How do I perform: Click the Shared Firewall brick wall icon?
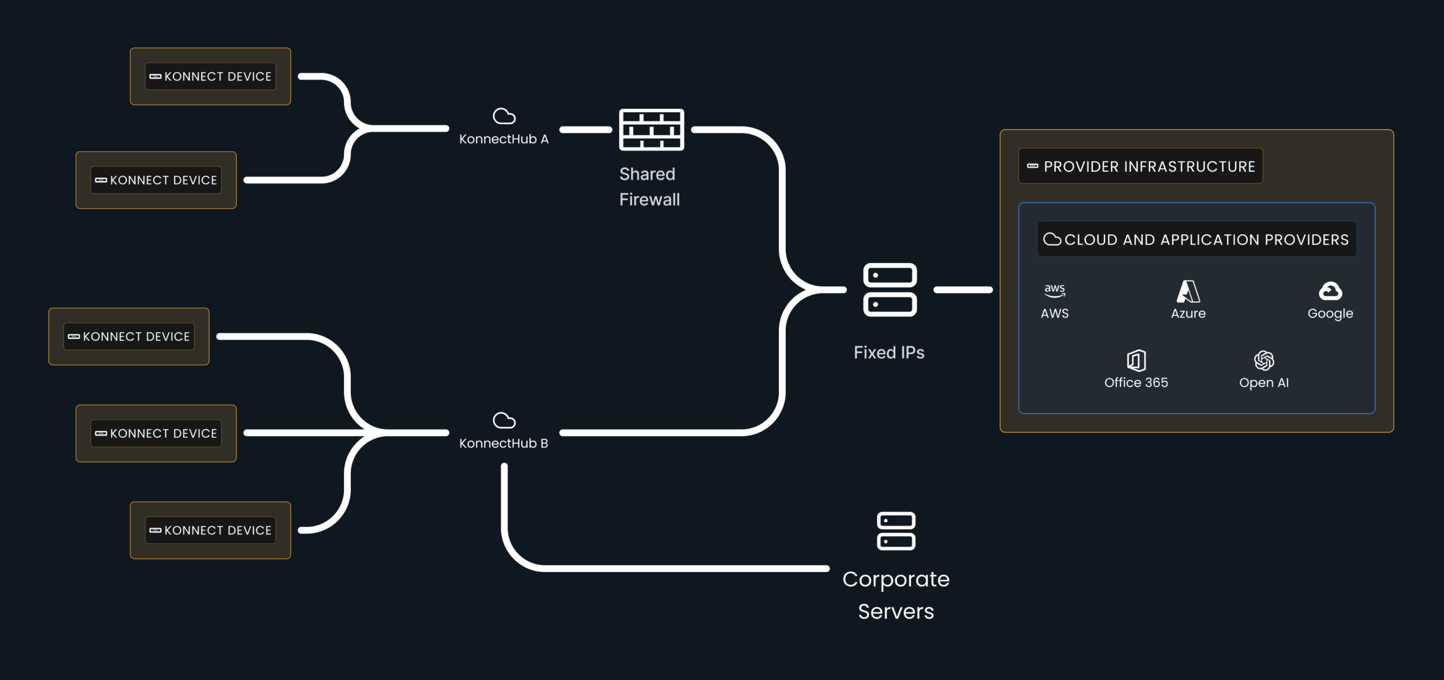coord(651,130)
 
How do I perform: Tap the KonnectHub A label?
coord(504,139)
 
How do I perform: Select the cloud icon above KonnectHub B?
coord(504,420)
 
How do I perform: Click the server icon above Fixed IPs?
coord(890,289)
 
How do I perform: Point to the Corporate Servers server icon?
coord(896,531)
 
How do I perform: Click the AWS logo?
coord(1054,291)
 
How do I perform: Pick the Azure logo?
coord(1188,292)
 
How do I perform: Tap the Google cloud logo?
coord(1330,291)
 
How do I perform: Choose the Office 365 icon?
coord(1136,360)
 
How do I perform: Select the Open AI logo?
coord(1263,360)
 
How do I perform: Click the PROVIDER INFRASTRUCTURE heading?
coord(1149,166)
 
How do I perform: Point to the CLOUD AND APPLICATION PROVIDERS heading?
coord(1206,240)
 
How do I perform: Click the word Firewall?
coord(649,200)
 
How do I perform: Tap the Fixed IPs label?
coord(889,353)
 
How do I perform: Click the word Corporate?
coord(896,580)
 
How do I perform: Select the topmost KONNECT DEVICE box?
coord(210,76)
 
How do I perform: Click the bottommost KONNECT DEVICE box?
coord(210,530)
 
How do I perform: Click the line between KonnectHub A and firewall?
coord(585,130)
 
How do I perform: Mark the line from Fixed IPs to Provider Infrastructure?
coord(963,289)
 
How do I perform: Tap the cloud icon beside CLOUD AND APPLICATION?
coord(1052,239)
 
